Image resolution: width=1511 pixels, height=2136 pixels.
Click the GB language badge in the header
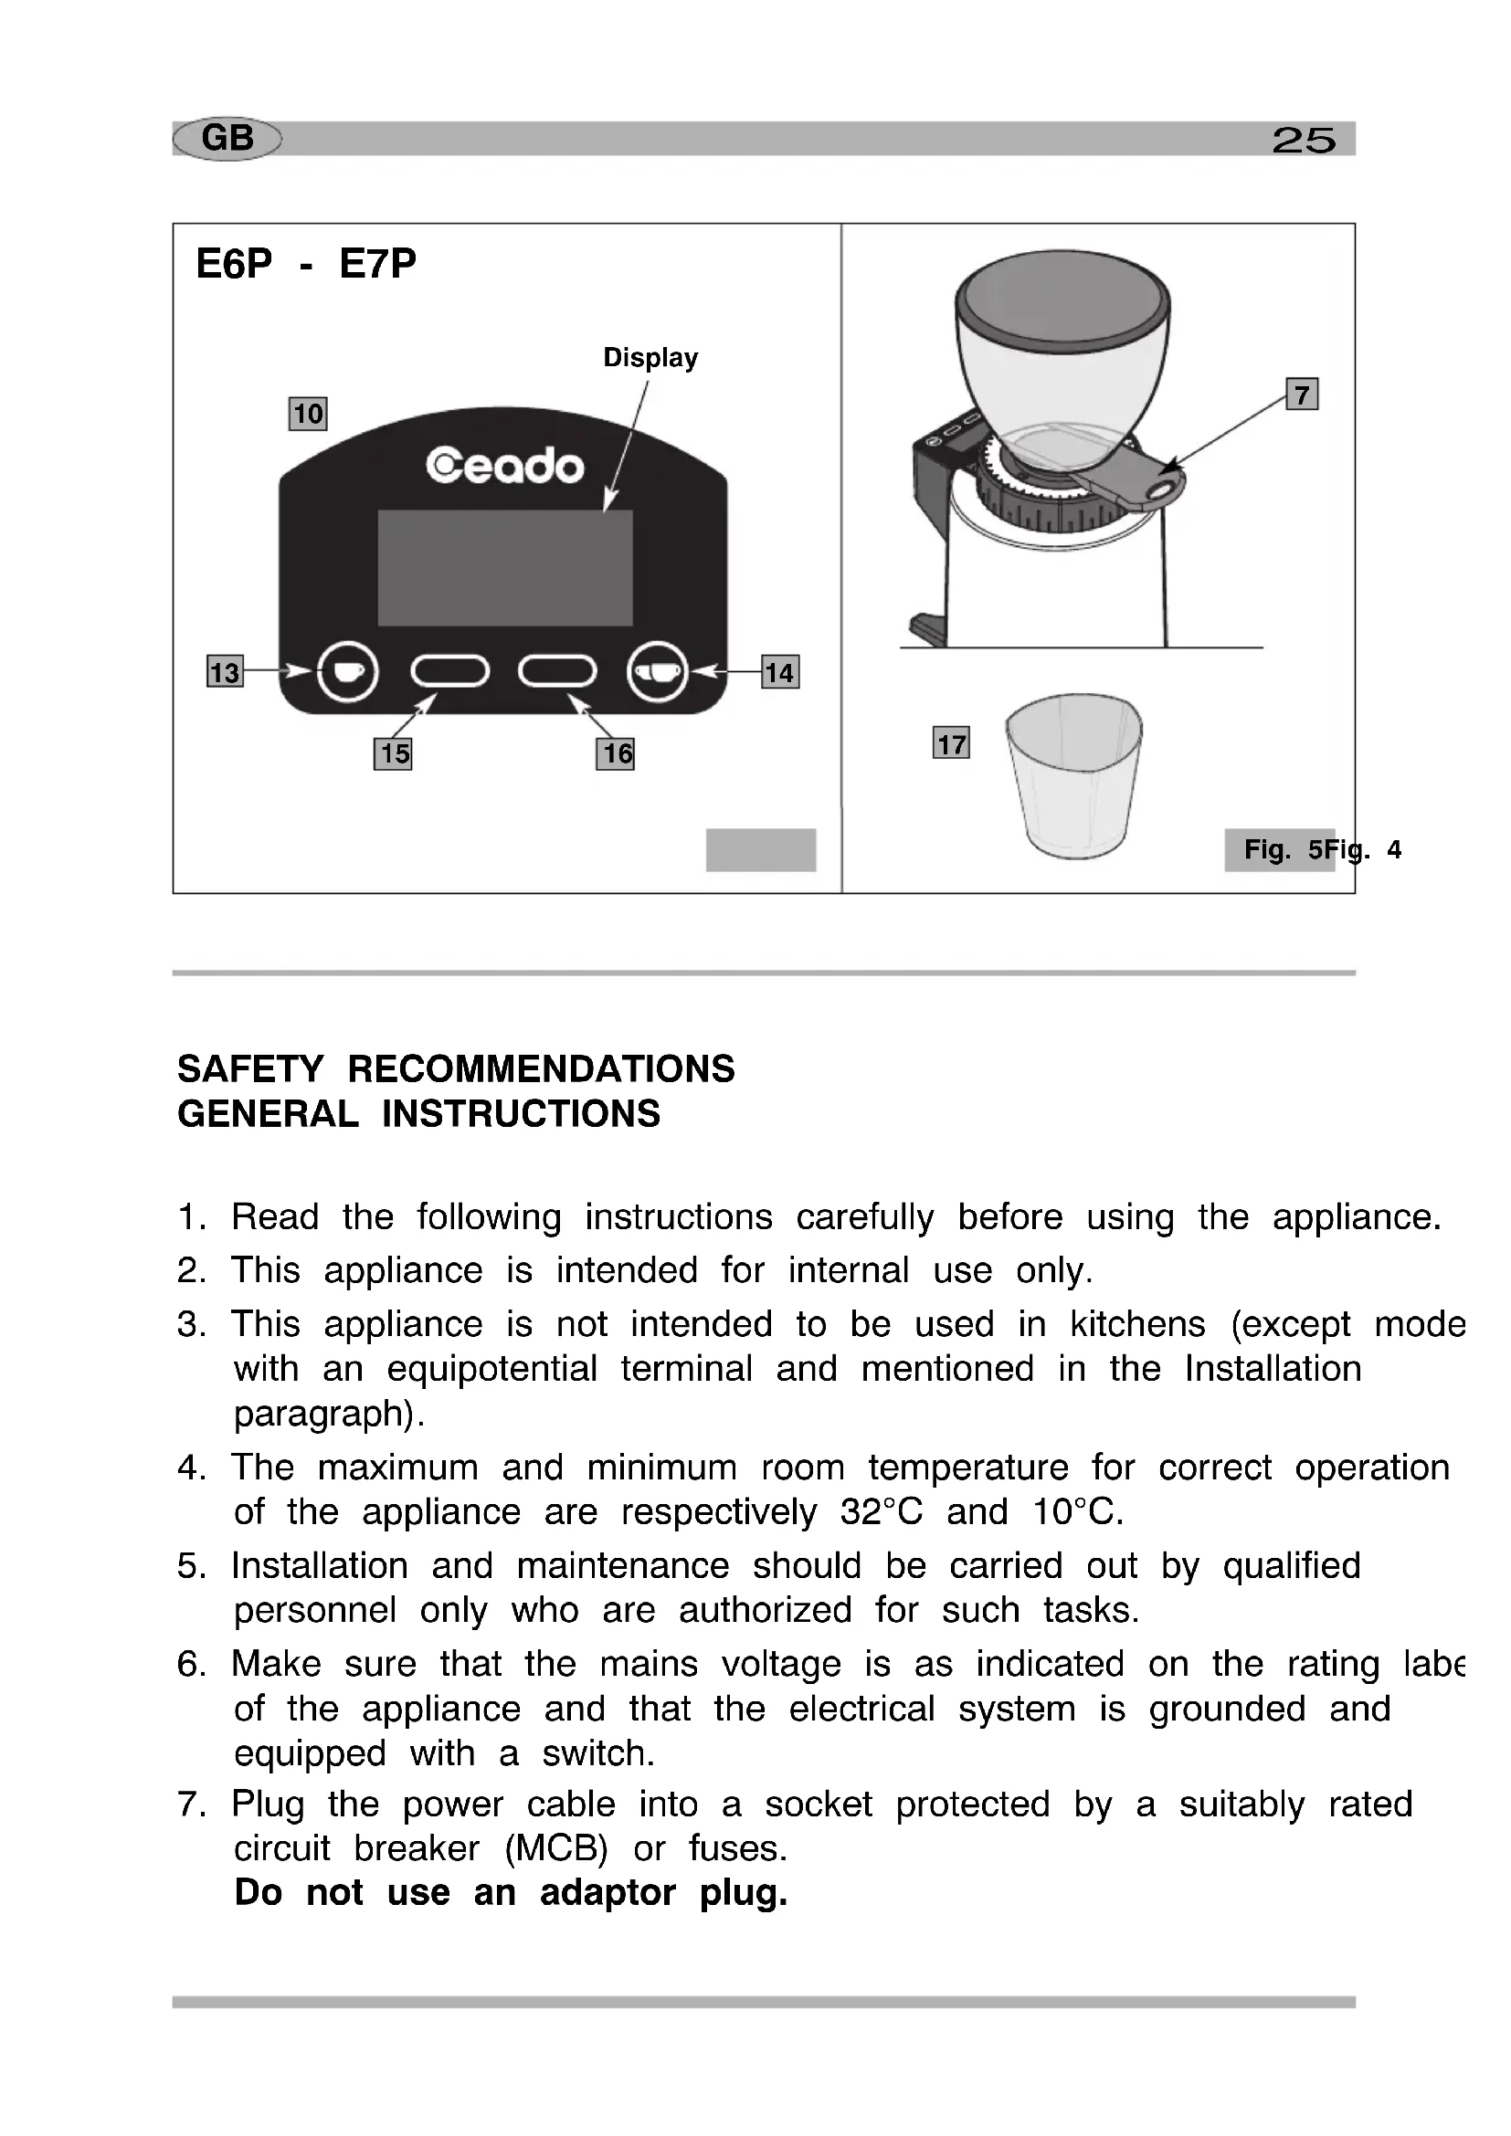[x=227, y=139]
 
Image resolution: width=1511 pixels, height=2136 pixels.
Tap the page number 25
[x=1304, y=141]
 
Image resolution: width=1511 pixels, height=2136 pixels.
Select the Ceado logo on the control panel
[x=504, y=465]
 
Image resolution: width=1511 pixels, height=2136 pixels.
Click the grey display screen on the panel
[x=504, y=567]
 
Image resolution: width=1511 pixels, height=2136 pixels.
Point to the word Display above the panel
[x=650, y=357]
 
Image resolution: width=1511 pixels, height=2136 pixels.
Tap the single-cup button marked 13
[x=347, y=671]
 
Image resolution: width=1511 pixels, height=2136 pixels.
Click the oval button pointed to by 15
[x=450, y=671]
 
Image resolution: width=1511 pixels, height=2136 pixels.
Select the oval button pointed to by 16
[x=557, y=671]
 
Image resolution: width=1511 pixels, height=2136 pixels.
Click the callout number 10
[x=308, y=413]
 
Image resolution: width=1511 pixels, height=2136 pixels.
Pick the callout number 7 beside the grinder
[x=1302, y=395]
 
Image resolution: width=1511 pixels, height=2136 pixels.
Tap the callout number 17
[x=951, y=743]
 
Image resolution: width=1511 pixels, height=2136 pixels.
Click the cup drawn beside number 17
[x=1074, y=776]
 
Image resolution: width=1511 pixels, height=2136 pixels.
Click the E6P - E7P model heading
[x=306, y=264]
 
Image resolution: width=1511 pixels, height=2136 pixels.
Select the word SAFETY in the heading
[x=250, y=1069]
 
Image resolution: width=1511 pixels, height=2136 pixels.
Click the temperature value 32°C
[x=881, y=1511]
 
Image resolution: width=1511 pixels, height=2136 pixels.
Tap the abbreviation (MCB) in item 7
[x=556, y=1848]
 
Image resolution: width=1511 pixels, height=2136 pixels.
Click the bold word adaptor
[x=608, y=1892]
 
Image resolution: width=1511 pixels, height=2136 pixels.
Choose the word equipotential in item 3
[x=492, y=1369]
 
